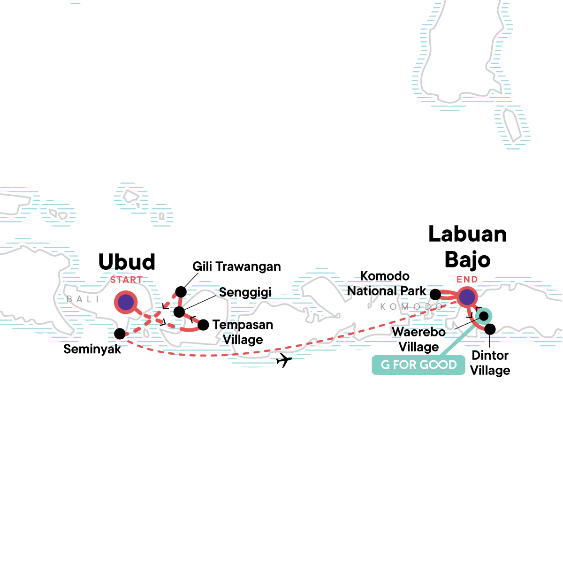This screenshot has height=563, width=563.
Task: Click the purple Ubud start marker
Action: pyautogui.click(x=126, y=303)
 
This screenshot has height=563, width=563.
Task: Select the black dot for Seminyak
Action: pyautogui.click(x=120, y=334)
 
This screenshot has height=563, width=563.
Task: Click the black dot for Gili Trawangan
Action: pyautogui.click(x=181, y=292)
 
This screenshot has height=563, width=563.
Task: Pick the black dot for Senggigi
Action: pyautogui.click(x=179, y=312)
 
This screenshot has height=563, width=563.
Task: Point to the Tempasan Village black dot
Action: pyautogui.click(x=203, y=325)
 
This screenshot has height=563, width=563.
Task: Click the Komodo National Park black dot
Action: pyautogui.click(x=435, y=295)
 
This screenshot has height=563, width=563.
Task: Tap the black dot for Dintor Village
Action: pyautogui.click(x=489, y=329)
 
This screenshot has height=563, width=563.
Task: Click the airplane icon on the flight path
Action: pyautogui.click(x=284, y=360)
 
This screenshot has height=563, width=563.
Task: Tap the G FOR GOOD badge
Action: pyautogui.click(x=418, y=365)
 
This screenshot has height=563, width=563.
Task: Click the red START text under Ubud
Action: pyautogui.click(x=126, y=280)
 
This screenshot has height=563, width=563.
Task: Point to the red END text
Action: pyautogui.click(x=467, y=280)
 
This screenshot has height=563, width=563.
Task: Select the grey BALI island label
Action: pyautogui.click(x=83, y=299)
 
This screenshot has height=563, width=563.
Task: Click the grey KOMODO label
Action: pyautogui.click(x=411, y=307)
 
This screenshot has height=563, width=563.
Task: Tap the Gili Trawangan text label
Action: pyautogui.click(x=236, y=267)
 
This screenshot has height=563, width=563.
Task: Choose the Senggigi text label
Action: pyautogui.click(x=245, y=292)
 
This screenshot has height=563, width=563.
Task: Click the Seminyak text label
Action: pyautogui.click(x=92, y=349)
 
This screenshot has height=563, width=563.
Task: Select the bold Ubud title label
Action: pyautogui.click(x=127, y=262)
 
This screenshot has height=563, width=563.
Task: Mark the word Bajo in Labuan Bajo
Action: pyautogui.click(x=467, y=259)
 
